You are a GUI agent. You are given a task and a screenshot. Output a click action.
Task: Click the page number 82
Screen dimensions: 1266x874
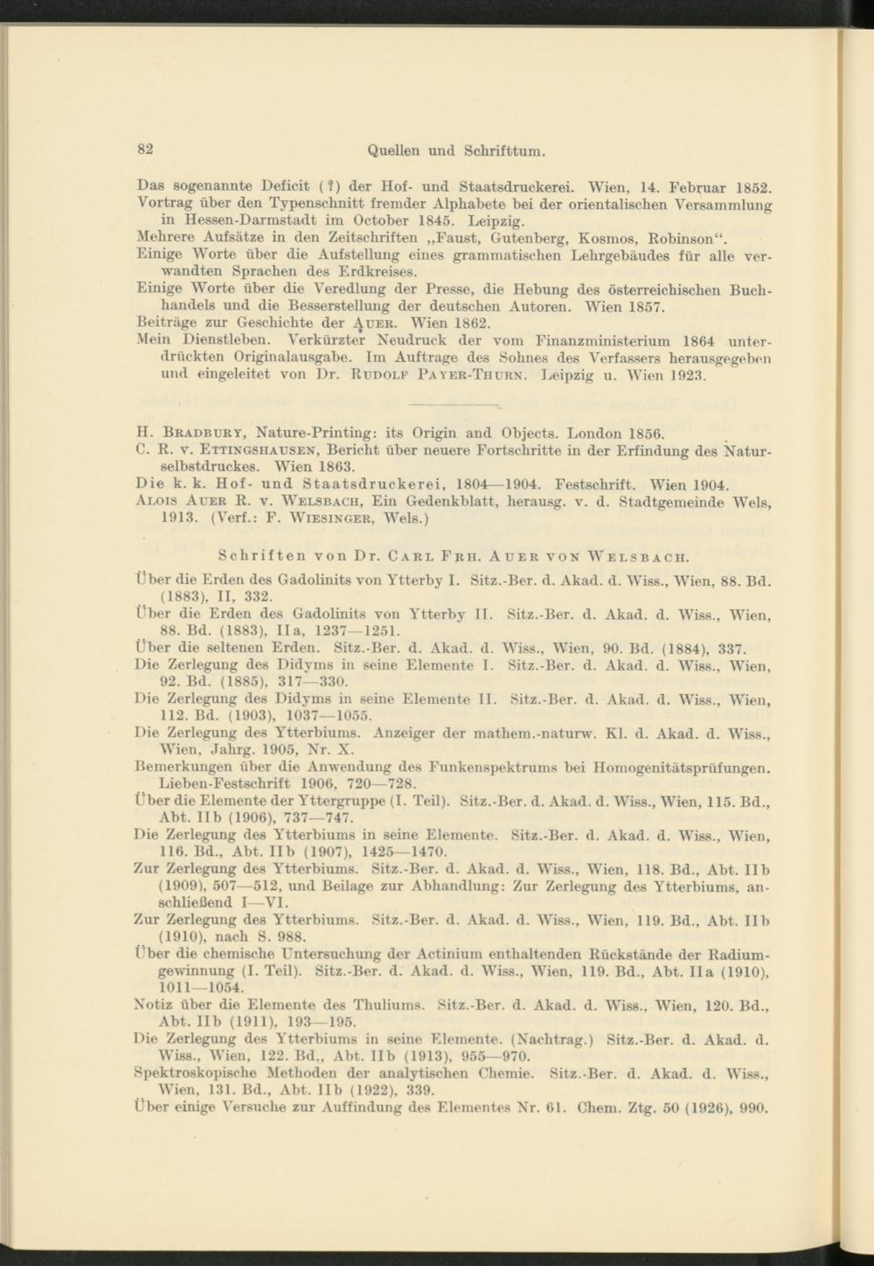[x=145, y=149]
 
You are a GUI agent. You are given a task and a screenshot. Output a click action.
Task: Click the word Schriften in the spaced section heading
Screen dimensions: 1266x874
[x=260, y=555]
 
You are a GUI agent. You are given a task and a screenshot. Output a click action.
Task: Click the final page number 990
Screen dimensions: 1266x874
[x=754, y=1106]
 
